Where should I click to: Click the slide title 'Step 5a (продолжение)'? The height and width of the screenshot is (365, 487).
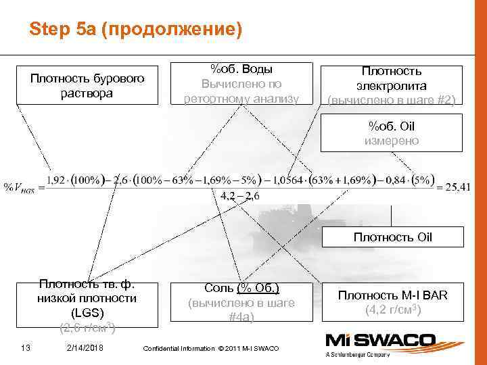pyautogui.click(x=135, y=30)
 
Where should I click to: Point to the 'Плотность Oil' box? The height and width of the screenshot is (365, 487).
pyautogui.click(x=393, y=237)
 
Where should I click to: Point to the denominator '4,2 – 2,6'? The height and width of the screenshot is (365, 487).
pyautogui.click(x=239, y=196)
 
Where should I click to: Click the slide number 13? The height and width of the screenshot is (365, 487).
pyautogui.click(x=26, y=348)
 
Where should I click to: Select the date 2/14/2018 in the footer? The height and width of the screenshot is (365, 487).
pyautogui.click(x=85, y=348)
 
